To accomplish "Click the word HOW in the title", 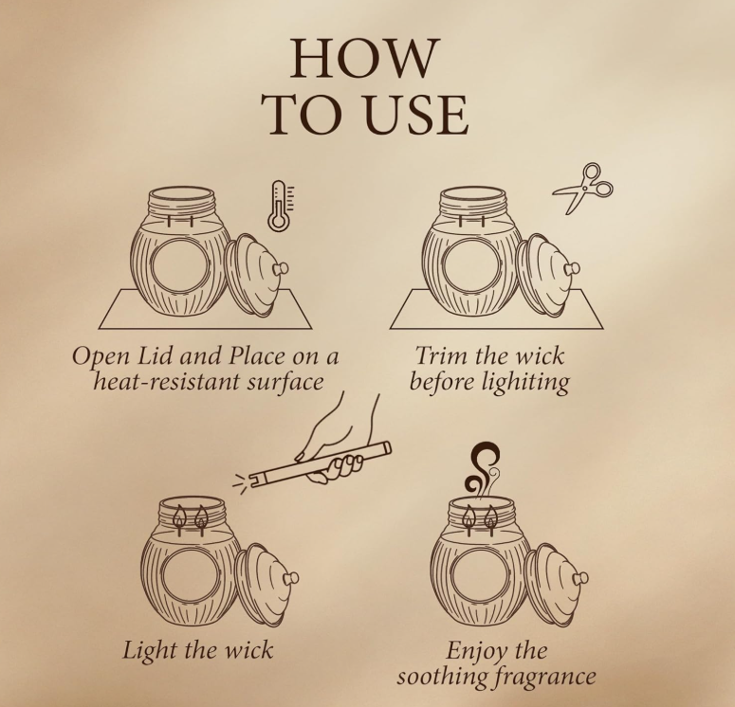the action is [365, 58].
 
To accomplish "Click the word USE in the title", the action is [416, 115].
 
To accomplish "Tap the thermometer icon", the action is [281, 206].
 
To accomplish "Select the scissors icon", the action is [583, 188].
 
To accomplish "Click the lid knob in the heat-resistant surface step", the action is [282, 269].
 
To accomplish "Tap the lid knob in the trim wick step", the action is [572, 269].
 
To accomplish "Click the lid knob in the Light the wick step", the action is [291, 578].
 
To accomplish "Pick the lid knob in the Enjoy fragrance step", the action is [581, 578].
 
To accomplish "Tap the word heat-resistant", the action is [167, 381].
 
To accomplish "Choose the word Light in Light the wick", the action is [149, 651].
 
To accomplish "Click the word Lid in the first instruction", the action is [156, 355].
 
